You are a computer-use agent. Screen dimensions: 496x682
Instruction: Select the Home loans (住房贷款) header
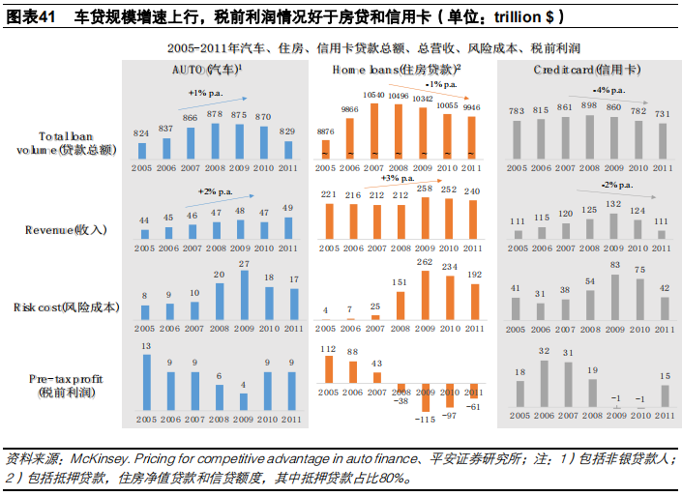click(x=397, y=72)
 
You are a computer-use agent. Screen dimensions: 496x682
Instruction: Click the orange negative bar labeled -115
click(x=422, y=399)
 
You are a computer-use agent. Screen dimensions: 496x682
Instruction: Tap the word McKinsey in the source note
click(x=100, y=459)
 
